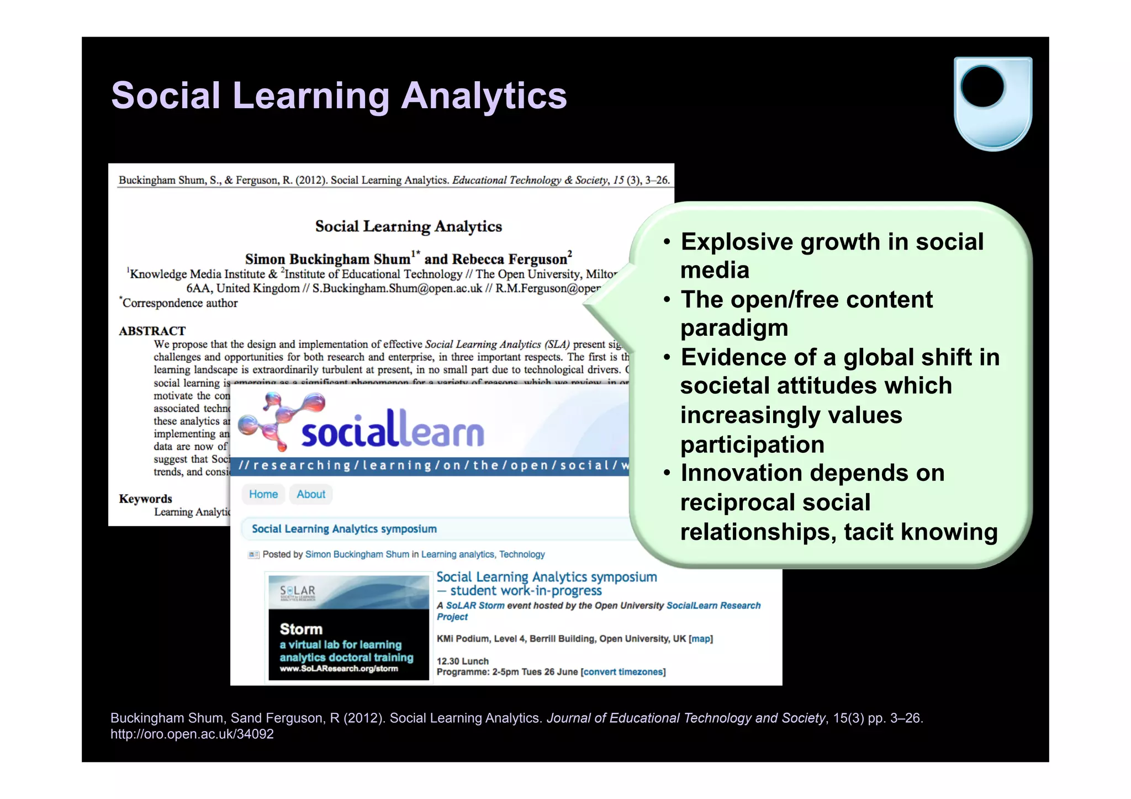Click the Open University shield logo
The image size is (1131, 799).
(x=992, y=103)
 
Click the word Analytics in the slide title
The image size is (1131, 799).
(x=484, y=96)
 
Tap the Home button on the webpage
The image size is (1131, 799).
(x=263, y=494)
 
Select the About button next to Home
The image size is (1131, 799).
(x=311, y=494)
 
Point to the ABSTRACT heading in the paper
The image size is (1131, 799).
(x=152, y=331)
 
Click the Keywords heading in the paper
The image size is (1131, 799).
(x=145, y=499)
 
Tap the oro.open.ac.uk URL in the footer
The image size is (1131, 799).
(x=192, y=734)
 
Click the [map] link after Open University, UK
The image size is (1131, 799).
(x=701, y=639)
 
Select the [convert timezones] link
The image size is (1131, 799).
(x=623, y=672)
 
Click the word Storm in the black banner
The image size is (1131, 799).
(x=301, y=629)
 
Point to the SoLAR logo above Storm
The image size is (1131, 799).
(x=298, y=592)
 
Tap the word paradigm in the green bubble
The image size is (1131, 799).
(x=734, y=328)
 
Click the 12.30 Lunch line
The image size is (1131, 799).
(x=463, y=661)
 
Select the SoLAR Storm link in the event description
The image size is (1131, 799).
(x=475, y=606)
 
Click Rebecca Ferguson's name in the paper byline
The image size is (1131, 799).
(x=510, y=259)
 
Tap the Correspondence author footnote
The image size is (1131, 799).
(x=180, y=303)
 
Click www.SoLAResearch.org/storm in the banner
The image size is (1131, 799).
(x=339, y=669)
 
